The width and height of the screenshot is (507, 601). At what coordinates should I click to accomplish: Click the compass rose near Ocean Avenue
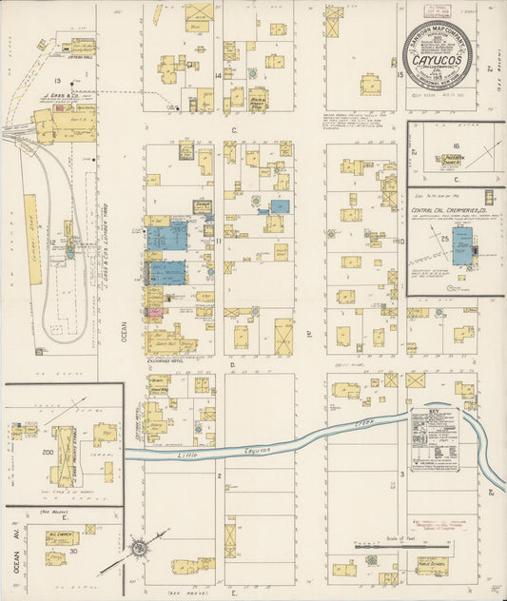[x=139, y=550]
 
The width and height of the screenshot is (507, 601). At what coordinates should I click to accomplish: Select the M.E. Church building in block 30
[x=63, y=551]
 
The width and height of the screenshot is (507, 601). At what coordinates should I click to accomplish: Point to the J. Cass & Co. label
[x=58, y=96]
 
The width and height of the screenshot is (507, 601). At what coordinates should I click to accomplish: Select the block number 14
[x=218, y=74]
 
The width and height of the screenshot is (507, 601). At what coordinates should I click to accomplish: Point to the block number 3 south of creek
[x=402, y=474]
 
